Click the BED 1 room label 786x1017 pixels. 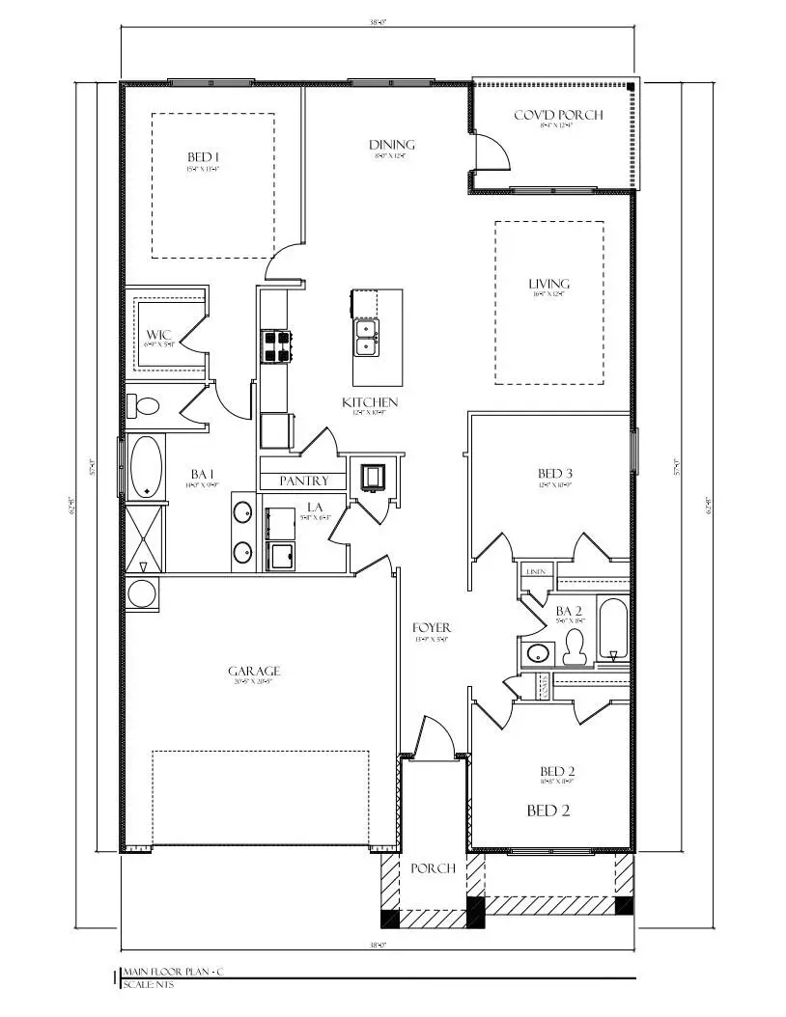point(204,157)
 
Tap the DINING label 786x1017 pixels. point(392,145)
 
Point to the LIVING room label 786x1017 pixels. point(548,284)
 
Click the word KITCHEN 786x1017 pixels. point(370,402)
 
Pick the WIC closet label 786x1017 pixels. point(159,335)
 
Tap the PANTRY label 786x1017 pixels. point(304,481)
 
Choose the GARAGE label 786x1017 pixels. point(254,671)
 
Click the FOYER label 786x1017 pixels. point(432,628)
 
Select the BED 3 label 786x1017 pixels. point(555,473)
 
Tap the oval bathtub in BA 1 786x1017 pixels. point(146,467)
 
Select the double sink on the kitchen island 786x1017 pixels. point(366,335)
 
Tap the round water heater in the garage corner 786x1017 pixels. point(142,592)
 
